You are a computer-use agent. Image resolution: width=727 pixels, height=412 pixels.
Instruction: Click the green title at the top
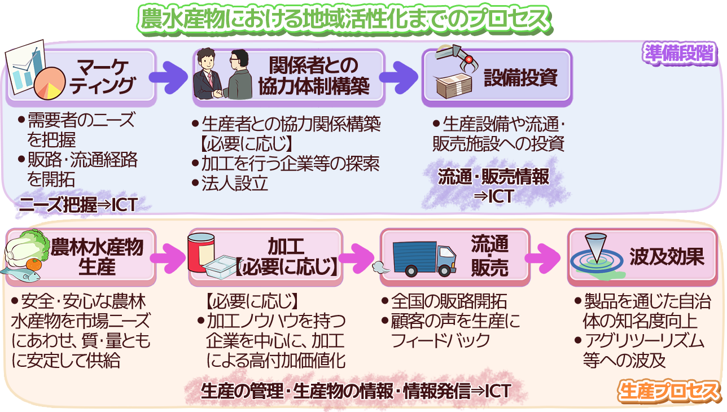pyautogui.click(x=345, y=19)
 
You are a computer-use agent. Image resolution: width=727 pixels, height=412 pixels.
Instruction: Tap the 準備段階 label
pyautogui.click(x=680, y=54)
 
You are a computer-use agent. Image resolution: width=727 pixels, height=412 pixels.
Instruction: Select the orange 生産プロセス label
pyautogui.click(x=668, y=391)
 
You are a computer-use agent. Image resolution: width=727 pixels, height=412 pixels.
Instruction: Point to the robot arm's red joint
pyautogui.click(x=468, y=59)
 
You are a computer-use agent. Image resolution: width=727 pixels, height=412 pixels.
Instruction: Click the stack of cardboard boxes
pyautogui.click(x=454, y=85)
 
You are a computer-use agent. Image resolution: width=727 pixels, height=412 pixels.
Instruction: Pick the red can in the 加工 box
pyautogui.click(x=201, y=252)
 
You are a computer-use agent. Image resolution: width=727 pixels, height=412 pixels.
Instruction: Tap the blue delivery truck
pyautogui.click(x=424, y=258)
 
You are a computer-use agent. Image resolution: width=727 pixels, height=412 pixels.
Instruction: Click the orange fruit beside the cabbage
pyautogui.click(x=34, y=264)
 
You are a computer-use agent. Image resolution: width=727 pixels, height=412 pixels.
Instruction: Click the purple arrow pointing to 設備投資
pyautogui.click(x=398, y=77)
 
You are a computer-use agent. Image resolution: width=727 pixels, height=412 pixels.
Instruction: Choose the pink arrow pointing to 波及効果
pyautogui.click(x=542, y=258)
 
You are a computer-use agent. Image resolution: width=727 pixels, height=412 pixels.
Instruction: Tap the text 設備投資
pyautogui.click(x=520, y=77)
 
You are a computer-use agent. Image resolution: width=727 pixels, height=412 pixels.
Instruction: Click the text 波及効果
pyautogui.click(x=667, y=257)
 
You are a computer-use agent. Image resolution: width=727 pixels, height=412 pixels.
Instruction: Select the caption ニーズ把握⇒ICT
pyautogui.click(x=78, y=205)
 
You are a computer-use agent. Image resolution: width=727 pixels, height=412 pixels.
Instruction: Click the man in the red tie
pyautogui.click(x=207, y=74)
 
